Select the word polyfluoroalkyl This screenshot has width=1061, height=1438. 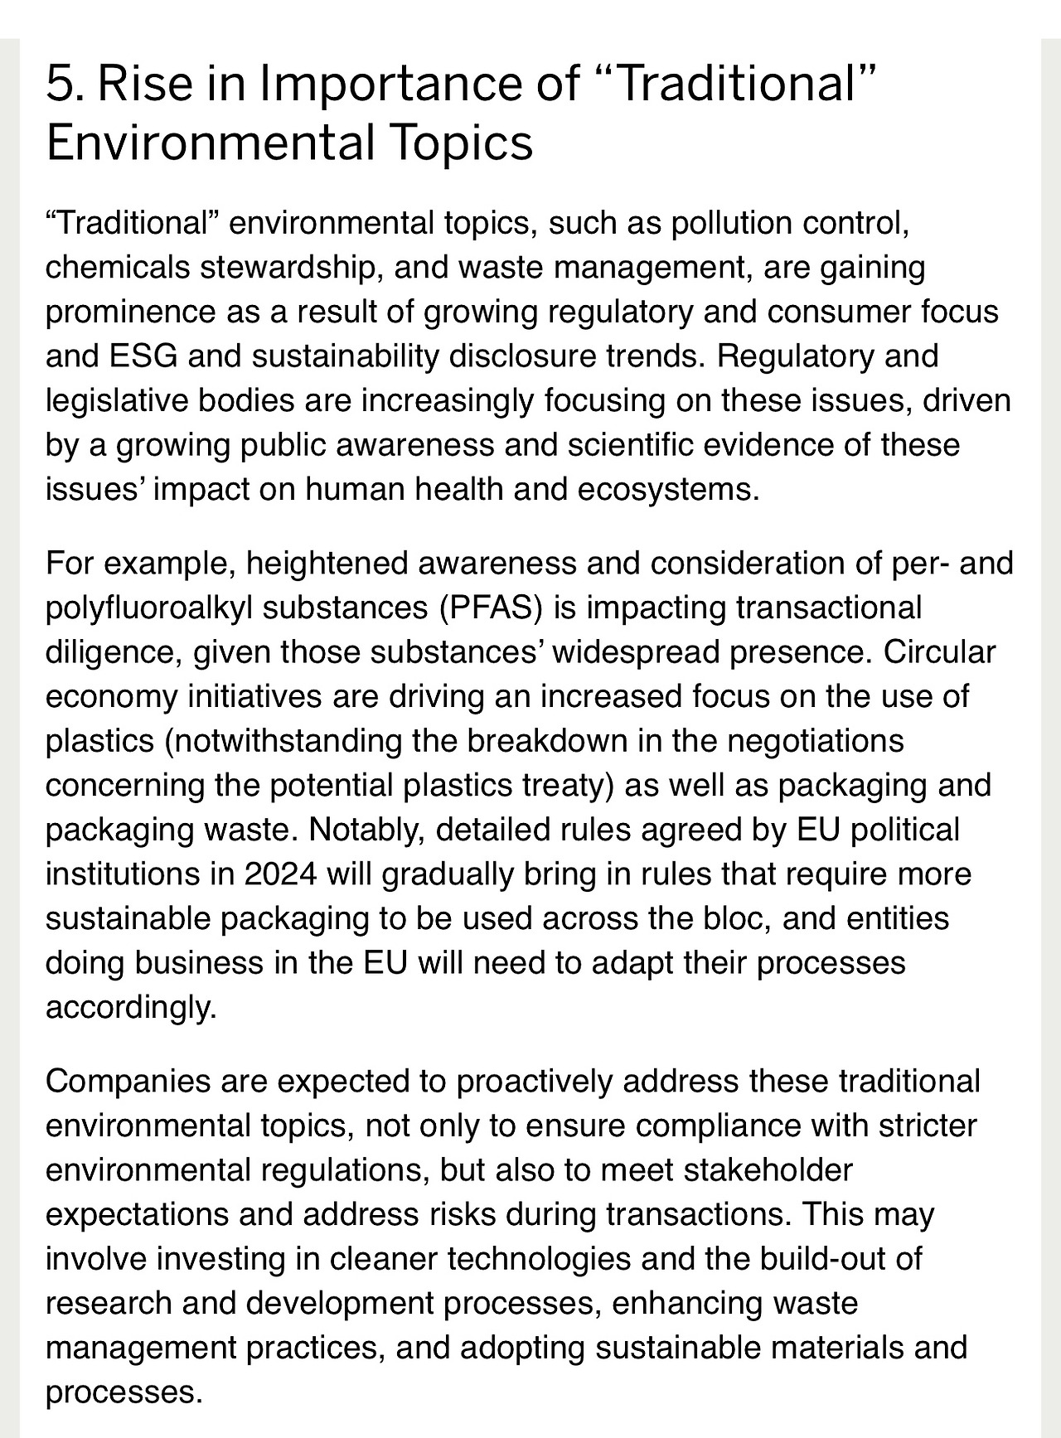click(149, 608)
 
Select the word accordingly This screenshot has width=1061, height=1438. click(131, 1008)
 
